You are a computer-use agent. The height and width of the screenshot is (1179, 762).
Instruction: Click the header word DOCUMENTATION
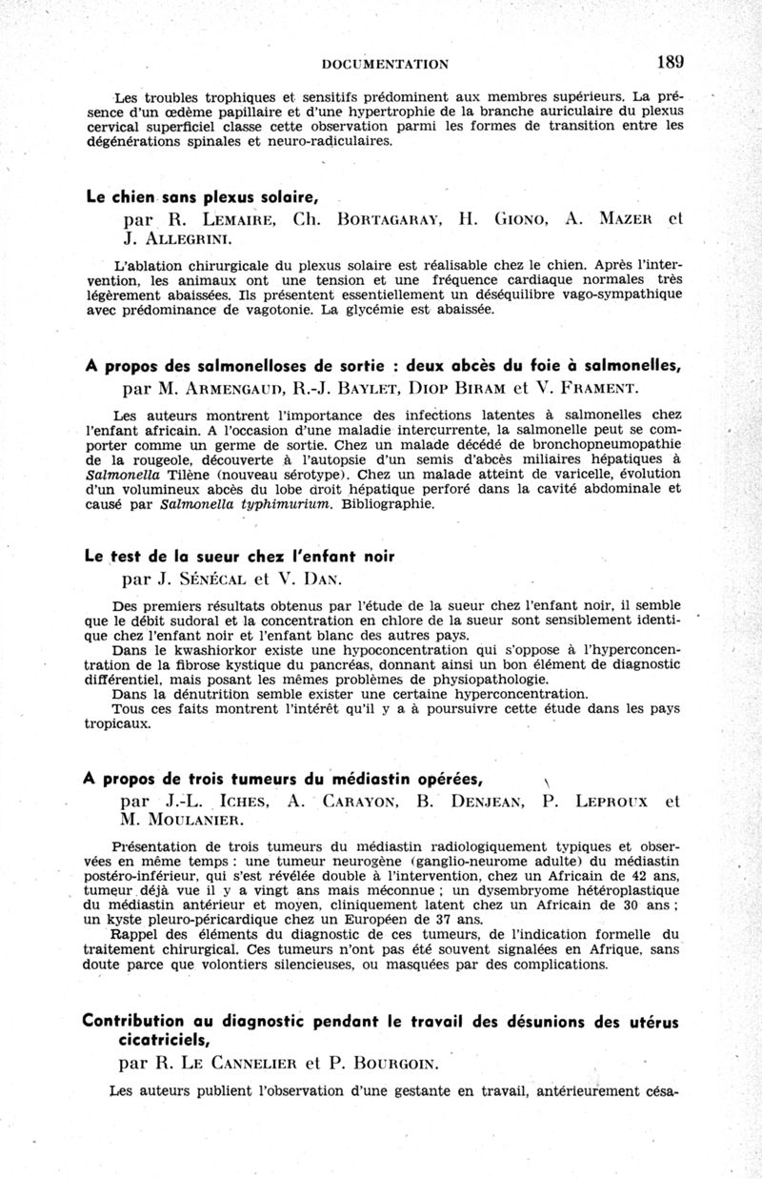pyautogui.click(x=386, y=64)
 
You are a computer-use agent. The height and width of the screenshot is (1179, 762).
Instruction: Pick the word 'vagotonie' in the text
pyautogui.click(x=284, y=309)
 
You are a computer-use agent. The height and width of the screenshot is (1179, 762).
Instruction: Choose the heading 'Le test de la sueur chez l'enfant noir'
pyautogui.click(x=239, y=557)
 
